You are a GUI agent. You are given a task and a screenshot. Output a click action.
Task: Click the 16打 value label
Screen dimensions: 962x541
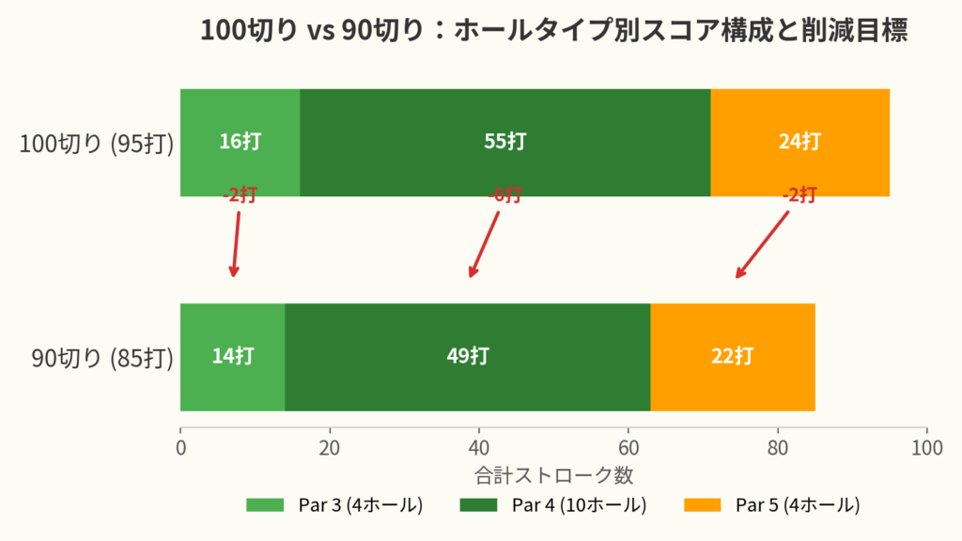240,142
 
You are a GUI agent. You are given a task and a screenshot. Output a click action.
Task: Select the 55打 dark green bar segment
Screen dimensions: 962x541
504,143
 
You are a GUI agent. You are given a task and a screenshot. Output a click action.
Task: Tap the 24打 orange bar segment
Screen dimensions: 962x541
800,143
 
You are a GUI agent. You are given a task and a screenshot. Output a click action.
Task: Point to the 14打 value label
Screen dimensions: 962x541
233,356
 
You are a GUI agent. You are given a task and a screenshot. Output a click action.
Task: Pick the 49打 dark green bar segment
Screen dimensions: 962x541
468,357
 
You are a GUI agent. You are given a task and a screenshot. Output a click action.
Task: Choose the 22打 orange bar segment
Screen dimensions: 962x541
733,357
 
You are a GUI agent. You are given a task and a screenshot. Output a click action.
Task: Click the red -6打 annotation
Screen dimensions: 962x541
504,195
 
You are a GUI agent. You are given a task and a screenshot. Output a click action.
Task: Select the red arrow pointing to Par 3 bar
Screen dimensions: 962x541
236,245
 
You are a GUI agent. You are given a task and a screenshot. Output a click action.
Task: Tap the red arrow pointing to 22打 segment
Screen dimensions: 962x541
762,245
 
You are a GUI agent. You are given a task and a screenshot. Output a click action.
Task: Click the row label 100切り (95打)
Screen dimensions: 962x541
97,144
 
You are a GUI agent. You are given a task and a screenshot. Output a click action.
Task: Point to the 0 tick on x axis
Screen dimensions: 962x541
180,448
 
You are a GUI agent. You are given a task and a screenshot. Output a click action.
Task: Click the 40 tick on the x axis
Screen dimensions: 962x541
479,448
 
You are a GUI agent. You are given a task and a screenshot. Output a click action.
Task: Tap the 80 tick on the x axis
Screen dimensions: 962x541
777,448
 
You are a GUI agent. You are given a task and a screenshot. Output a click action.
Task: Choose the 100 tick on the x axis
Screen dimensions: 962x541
927,448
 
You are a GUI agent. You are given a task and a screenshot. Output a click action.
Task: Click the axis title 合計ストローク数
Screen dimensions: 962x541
553,475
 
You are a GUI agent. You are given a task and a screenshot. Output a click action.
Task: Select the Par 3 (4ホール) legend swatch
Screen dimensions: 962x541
265,504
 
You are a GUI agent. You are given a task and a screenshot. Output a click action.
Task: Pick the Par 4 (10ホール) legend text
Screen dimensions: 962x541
579,504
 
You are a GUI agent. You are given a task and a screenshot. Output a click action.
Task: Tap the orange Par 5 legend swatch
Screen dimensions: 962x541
703,504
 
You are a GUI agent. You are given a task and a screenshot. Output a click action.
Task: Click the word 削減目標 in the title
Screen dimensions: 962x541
855,30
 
